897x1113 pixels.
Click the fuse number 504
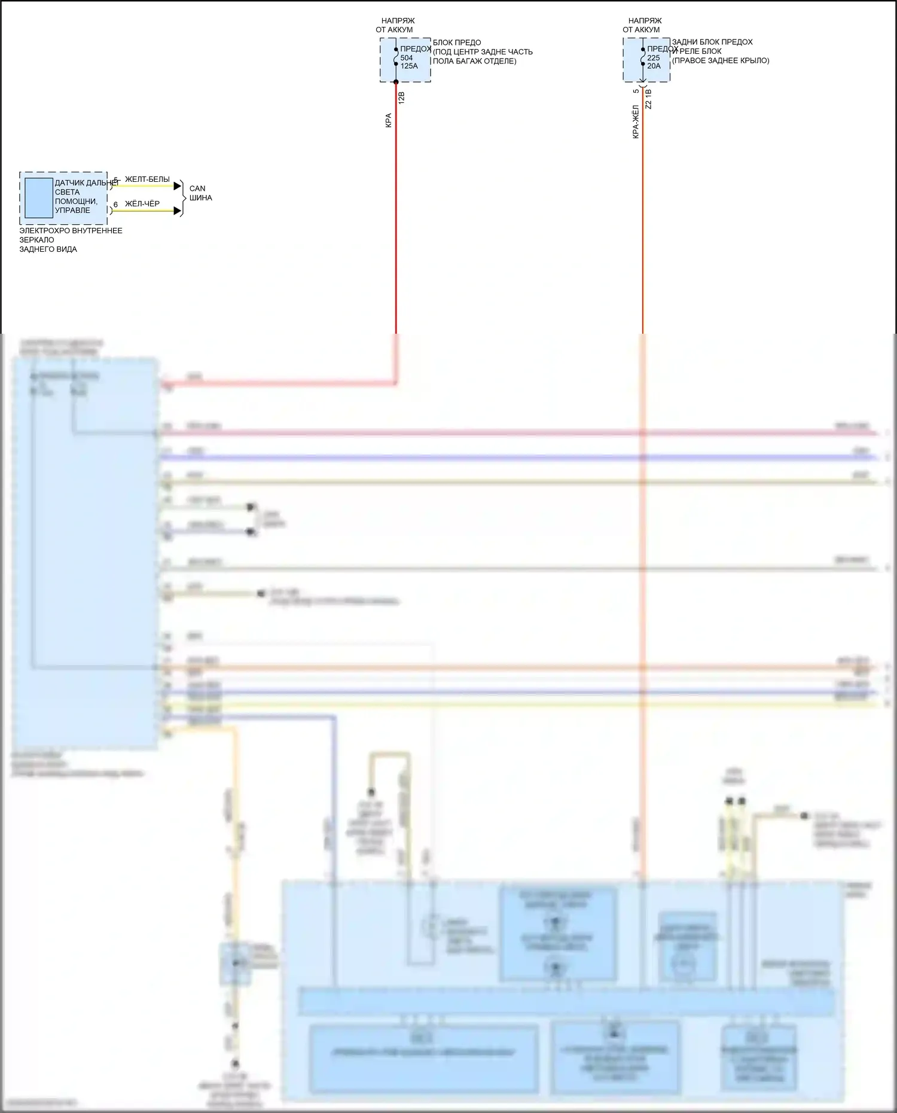tap(407, 58)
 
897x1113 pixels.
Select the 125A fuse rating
tap(409, 66)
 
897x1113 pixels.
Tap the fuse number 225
tap(654, 58)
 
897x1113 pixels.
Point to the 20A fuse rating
tap(654, 66)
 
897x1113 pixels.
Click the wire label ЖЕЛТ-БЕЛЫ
tap(147, 179)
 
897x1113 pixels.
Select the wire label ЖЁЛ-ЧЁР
tap(142, 204)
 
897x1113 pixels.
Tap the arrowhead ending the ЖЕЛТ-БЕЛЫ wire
tap(177, 186)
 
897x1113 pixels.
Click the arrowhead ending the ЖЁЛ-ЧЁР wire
tap(177, 211)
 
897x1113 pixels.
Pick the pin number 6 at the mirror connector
tap(115, 205)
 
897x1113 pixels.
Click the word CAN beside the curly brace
tap(197, 188)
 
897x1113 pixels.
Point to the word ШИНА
tap(200, 198)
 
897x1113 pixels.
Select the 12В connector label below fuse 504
tap(401, 98)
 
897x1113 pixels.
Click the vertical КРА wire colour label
tap(388, 120)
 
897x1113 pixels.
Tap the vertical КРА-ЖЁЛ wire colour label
tap(635, 122)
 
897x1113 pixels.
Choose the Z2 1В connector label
tap(649, 99)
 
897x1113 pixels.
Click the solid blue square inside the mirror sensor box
tap(39, 198)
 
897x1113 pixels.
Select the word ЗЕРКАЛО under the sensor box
tap(36, 240)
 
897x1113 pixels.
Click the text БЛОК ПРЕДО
tap(457, 42)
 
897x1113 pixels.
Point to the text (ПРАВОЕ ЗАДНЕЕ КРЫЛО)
tap(721, 60)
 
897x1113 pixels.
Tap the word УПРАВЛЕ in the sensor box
tap(72, 211)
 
